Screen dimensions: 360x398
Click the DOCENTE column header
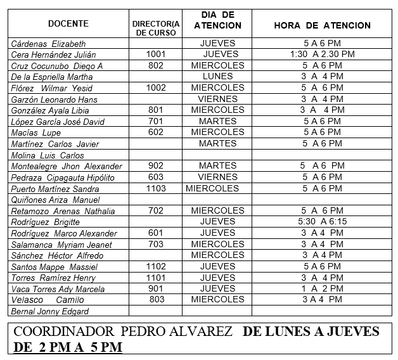click(x=68, y=24)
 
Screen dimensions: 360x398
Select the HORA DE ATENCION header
click(x=322, y=25)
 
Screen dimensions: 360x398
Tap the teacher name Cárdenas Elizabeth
click(x=48, y=44)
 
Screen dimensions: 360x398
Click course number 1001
click(x=155, y=55)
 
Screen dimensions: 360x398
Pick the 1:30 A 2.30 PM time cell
click(x=322, y=55)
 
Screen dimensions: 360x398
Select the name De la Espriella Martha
click(x=52, y=77)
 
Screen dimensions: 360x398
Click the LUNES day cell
click(x=217, y=77)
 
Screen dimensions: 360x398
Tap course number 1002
click(x=155, y=88)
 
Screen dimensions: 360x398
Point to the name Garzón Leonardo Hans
click(x=54, y=100)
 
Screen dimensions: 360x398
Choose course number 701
click(x=155, y=121)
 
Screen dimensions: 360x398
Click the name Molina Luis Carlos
click(x=48, y=155)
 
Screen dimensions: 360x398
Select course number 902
click(x=155, y=166)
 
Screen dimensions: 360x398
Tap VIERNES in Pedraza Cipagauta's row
click(x=217, y=177)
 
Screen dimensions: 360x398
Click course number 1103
click(x=155, y=188)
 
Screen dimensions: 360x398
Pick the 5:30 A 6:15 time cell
click(x=322, y=222)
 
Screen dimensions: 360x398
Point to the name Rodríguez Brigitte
click(x=46, y=222)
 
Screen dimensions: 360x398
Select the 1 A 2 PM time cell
click(x=322, y=288)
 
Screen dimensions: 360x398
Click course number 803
click(x=155, y=300)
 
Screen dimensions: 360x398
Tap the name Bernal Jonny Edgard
click(x=50, y=311)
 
